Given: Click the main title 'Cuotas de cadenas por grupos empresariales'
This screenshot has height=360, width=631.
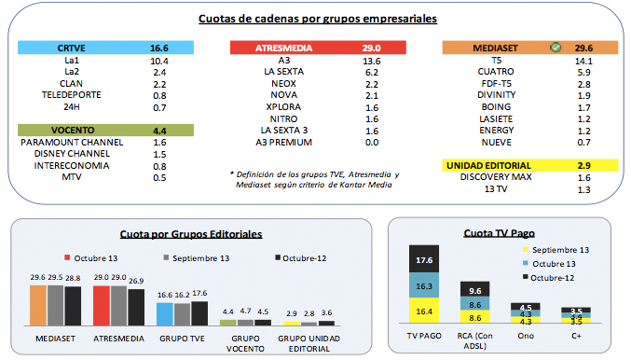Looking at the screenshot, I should point(314,19).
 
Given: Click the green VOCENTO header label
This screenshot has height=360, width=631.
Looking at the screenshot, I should point(71,130).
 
